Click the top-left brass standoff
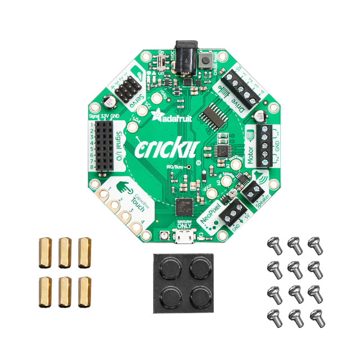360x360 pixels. point(45,253)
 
